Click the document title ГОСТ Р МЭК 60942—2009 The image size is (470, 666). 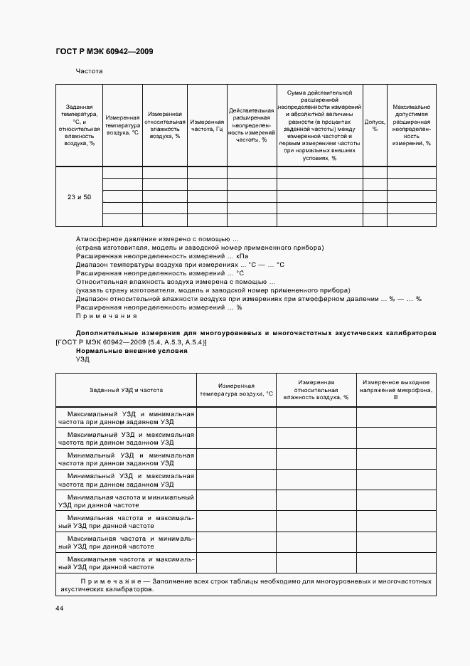[104, 52]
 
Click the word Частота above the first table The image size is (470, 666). [90, 71]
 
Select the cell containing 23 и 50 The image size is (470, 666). [79, 196]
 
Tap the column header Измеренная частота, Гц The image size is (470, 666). [207, 126]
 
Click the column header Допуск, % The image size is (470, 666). [374, 126]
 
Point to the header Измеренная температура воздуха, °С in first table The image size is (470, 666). [122, 126]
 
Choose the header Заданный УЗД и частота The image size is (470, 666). [126, 390]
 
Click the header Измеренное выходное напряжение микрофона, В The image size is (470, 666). [395, 390]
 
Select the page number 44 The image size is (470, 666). [59, 608]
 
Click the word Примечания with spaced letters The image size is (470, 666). [106, 316]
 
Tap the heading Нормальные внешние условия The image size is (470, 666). [132, 351]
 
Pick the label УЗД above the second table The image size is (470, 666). [82, 360]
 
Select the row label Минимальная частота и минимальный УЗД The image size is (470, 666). [126, 500]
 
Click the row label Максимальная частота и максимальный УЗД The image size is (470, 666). [126, 563]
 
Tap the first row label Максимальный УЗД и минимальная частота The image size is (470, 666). [126, 417]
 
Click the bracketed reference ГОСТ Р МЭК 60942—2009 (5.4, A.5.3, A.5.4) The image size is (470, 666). [130, 342]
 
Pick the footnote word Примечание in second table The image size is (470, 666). [110, 581]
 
